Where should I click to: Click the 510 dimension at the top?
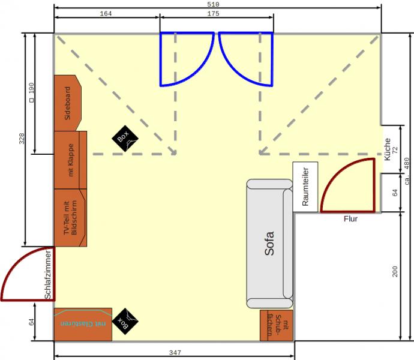pos(213,4)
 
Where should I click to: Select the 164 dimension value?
pos(106,13)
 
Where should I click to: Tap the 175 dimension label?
pos(213,13)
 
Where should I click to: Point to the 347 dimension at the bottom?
pos(175,353)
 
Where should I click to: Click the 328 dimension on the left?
pos(22,139)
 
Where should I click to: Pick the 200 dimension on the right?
pos(395,272)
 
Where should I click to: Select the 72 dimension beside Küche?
pos(395,150)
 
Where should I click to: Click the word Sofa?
pos(269,243)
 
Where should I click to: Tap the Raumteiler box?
pos(305,187)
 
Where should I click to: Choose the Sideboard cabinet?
pos(68,103)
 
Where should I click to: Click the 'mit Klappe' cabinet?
pos(70,160)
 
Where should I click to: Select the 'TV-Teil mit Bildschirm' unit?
pos(70,218)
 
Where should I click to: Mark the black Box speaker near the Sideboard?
pos(125,139)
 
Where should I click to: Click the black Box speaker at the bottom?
pos(125,322)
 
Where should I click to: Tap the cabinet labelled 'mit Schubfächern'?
pos(277,325)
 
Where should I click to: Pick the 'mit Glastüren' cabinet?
pos(83,325)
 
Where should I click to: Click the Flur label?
pos(350,218)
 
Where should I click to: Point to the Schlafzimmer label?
pos(48,275)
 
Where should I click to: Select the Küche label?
pos(387,149)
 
